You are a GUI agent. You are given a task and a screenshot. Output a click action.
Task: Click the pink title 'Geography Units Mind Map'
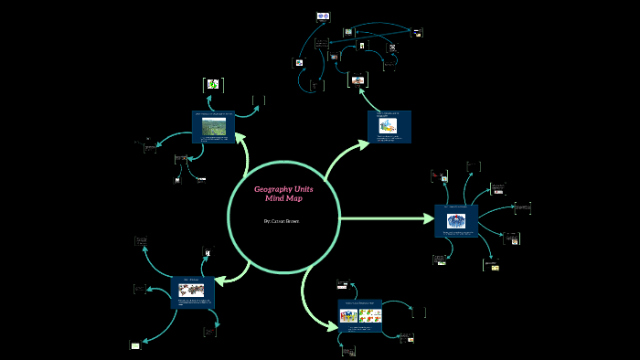pos(283,194)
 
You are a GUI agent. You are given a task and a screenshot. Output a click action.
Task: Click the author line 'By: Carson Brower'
pos(283,221)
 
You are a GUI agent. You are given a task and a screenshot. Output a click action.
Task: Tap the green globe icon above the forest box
pos(212,84)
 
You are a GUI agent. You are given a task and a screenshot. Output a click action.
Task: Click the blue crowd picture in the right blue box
pos(455,220)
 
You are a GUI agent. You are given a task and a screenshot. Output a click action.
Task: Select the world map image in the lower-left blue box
pos(192,290)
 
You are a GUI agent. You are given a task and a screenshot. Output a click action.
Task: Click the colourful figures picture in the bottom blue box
pos(348,316)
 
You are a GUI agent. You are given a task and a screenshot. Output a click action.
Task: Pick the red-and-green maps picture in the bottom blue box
pos(370,316)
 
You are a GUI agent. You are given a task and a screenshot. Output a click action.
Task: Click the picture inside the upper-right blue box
pos(387,127)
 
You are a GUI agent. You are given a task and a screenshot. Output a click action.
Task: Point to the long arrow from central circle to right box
pos(384,218)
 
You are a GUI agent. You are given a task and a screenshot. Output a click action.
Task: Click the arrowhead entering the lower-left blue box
pos(219,281)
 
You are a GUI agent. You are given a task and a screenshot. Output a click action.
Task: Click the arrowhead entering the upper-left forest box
pos(240,137)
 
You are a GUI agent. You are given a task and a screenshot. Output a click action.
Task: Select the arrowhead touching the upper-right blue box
pos(362,142)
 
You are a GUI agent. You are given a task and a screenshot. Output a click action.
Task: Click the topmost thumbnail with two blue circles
pos(323,16)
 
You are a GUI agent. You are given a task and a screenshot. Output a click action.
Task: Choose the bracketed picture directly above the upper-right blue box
pos(358,80)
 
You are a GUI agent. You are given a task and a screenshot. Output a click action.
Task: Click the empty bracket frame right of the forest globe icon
pos(258,100)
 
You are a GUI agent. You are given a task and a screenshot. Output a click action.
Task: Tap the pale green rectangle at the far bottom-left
pos(135,345)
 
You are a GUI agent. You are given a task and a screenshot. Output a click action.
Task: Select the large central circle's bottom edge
pos(283,273)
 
